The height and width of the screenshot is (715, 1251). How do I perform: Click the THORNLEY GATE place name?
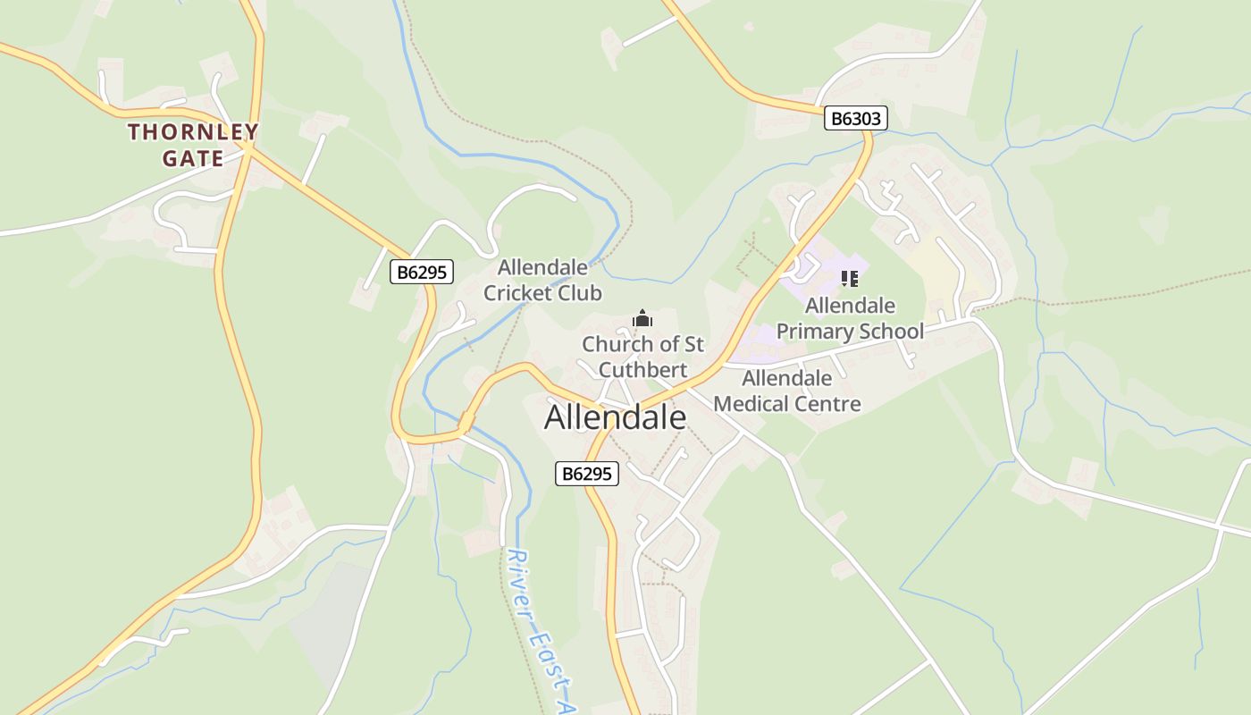[192, 145]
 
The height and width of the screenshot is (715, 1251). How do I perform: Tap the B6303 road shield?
[855, 118]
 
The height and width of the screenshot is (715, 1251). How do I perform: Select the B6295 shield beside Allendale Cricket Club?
[422, 273]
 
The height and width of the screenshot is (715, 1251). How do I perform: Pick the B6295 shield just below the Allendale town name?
[587, 474]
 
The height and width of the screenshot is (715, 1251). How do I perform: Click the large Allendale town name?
[615, 417]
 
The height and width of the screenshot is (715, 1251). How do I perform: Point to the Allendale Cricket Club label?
[542, 280]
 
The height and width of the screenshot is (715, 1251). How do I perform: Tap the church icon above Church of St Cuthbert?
[642, 318]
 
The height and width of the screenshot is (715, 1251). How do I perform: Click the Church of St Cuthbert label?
[642, 357]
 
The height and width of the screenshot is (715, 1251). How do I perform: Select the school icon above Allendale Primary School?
[850, 279]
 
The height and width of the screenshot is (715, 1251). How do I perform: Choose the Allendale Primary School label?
[850, 318]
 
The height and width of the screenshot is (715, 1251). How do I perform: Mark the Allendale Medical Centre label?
[787, 391]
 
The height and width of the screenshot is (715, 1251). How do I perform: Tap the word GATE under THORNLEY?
[192, 159]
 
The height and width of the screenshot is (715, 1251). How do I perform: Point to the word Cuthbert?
[642, 370]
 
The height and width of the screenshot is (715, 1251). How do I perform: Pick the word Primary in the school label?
[812, 332]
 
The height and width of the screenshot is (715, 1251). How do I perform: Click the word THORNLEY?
[192, 132]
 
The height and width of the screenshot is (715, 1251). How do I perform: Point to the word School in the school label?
[889, 332]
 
